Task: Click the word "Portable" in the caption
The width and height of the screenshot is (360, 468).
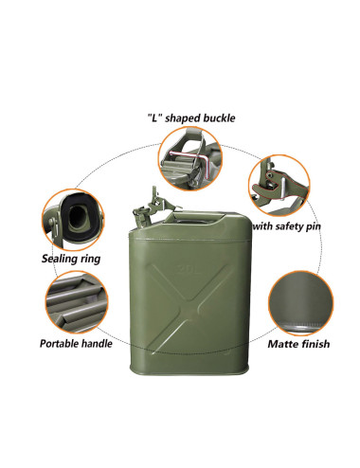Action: [x=63, y=342]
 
